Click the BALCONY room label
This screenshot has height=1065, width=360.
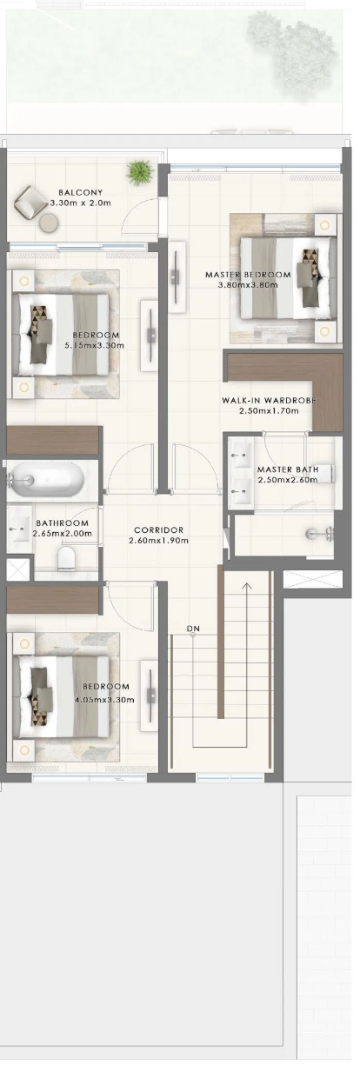(80, 192)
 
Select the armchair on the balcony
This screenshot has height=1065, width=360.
(30, 202)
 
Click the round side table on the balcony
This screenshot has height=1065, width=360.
(48, 223)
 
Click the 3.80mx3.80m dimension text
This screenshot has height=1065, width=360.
(248, 285)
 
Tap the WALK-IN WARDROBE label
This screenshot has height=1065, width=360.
(269, 400)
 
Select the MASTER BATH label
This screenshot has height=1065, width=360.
(288, 469)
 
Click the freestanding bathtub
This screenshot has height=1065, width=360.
(46, 480)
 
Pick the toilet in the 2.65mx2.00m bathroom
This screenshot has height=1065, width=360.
(66, 558)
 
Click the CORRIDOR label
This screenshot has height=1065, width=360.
(158, 530)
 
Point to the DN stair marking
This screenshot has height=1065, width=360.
(193, 629)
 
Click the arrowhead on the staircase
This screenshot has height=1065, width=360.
(246, 586)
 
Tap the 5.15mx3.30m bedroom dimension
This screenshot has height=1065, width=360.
(94, 345)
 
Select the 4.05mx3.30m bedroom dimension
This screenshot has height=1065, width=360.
(104, 700)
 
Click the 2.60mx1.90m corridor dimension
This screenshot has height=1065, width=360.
(158, 541)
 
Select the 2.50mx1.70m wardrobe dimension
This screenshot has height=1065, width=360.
(269, 410)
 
